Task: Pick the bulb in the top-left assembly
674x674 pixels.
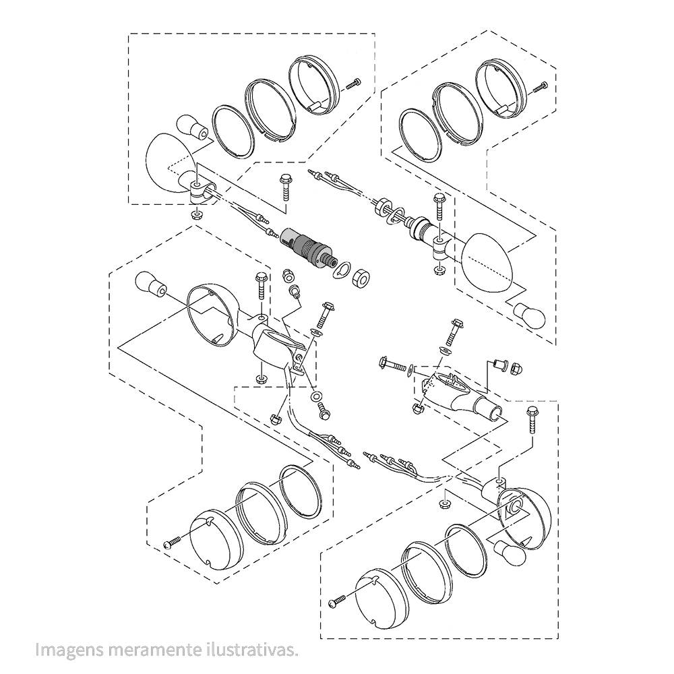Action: coord(190,126)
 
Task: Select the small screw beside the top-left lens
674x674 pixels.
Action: coord(353,84)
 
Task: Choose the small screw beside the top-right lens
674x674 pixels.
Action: coord(540,86)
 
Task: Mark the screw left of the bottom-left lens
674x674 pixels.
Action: coord(173,543)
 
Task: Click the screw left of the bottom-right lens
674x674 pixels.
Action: coord(337,599)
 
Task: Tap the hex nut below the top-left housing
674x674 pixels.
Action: coord(197,214)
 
